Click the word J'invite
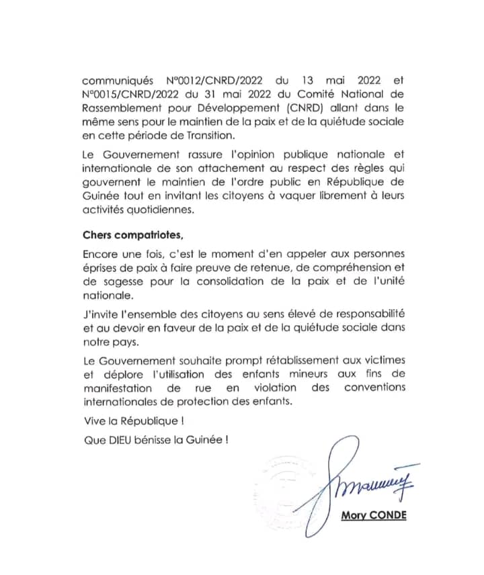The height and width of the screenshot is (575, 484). click(101, 314)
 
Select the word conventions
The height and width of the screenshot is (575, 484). click(374, 387)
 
